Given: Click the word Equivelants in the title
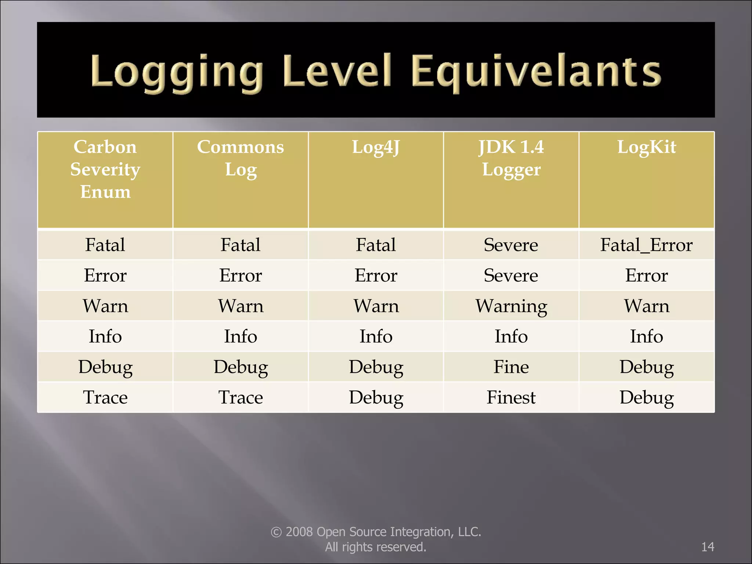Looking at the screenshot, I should (536, 72).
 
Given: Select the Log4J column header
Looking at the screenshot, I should (376, 147).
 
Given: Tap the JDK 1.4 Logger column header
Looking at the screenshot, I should (511, 158).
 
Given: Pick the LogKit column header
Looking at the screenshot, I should (646, 147).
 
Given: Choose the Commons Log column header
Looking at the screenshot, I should (241, 158).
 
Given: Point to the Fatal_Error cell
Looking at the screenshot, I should (646, 245).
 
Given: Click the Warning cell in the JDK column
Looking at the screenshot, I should (511, 306).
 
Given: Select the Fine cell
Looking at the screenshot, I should (511, 367).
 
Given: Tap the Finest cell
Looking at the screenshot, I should (511, 397).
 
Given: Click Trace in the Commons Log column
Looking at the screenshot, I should (241, 397).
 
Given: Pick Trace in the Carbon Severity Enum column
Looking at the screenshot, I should (105, 397).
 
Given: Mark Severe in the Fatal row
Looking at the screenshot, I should (511, 245).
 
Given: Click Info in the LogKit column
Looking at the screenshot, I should (646, 336).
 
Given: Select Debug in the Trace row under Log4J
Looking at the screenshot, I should (376, 397).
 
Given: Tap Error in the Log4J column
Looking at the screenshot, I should (376, 275).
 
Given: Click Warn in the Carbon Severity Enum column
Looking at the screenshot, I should (105, 306).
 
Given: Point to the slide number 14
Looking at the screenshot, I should (708, 547).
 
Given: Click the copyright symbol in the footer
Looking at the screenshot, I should (276, 532).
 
